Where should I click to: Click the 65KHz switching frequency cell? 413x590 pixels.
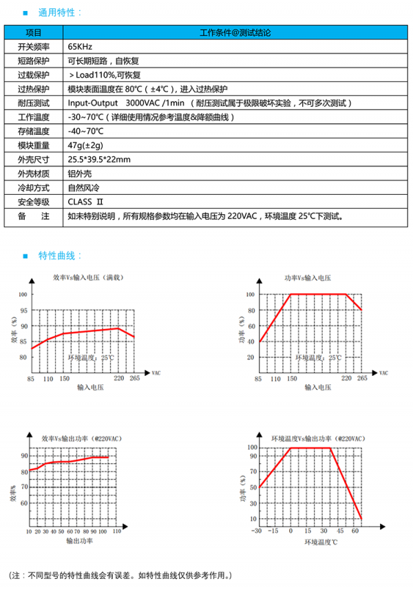click(x=80, y=46)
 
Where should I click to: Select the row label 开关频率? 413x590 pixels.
click(x=34, y=46)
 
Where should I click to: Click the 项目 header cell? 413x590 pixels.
click(x=34, y=32)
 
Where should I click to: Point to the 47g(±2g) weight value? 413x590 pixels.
click(x=85, y=145)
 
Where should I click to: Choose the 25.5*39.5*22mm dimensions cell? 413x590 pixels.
click(x=98, y=160)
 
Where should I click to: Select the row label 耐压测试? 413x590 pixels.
click(x=34, y=103)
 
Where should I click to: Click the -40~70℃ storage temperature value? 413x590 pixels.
click(x=85, y=131)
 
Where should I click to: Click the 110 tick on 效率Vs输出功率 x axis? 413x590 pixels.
click(x=116, y=531)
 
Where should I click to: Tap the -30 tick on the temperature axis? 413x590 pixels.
click(x=257, y=531)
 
